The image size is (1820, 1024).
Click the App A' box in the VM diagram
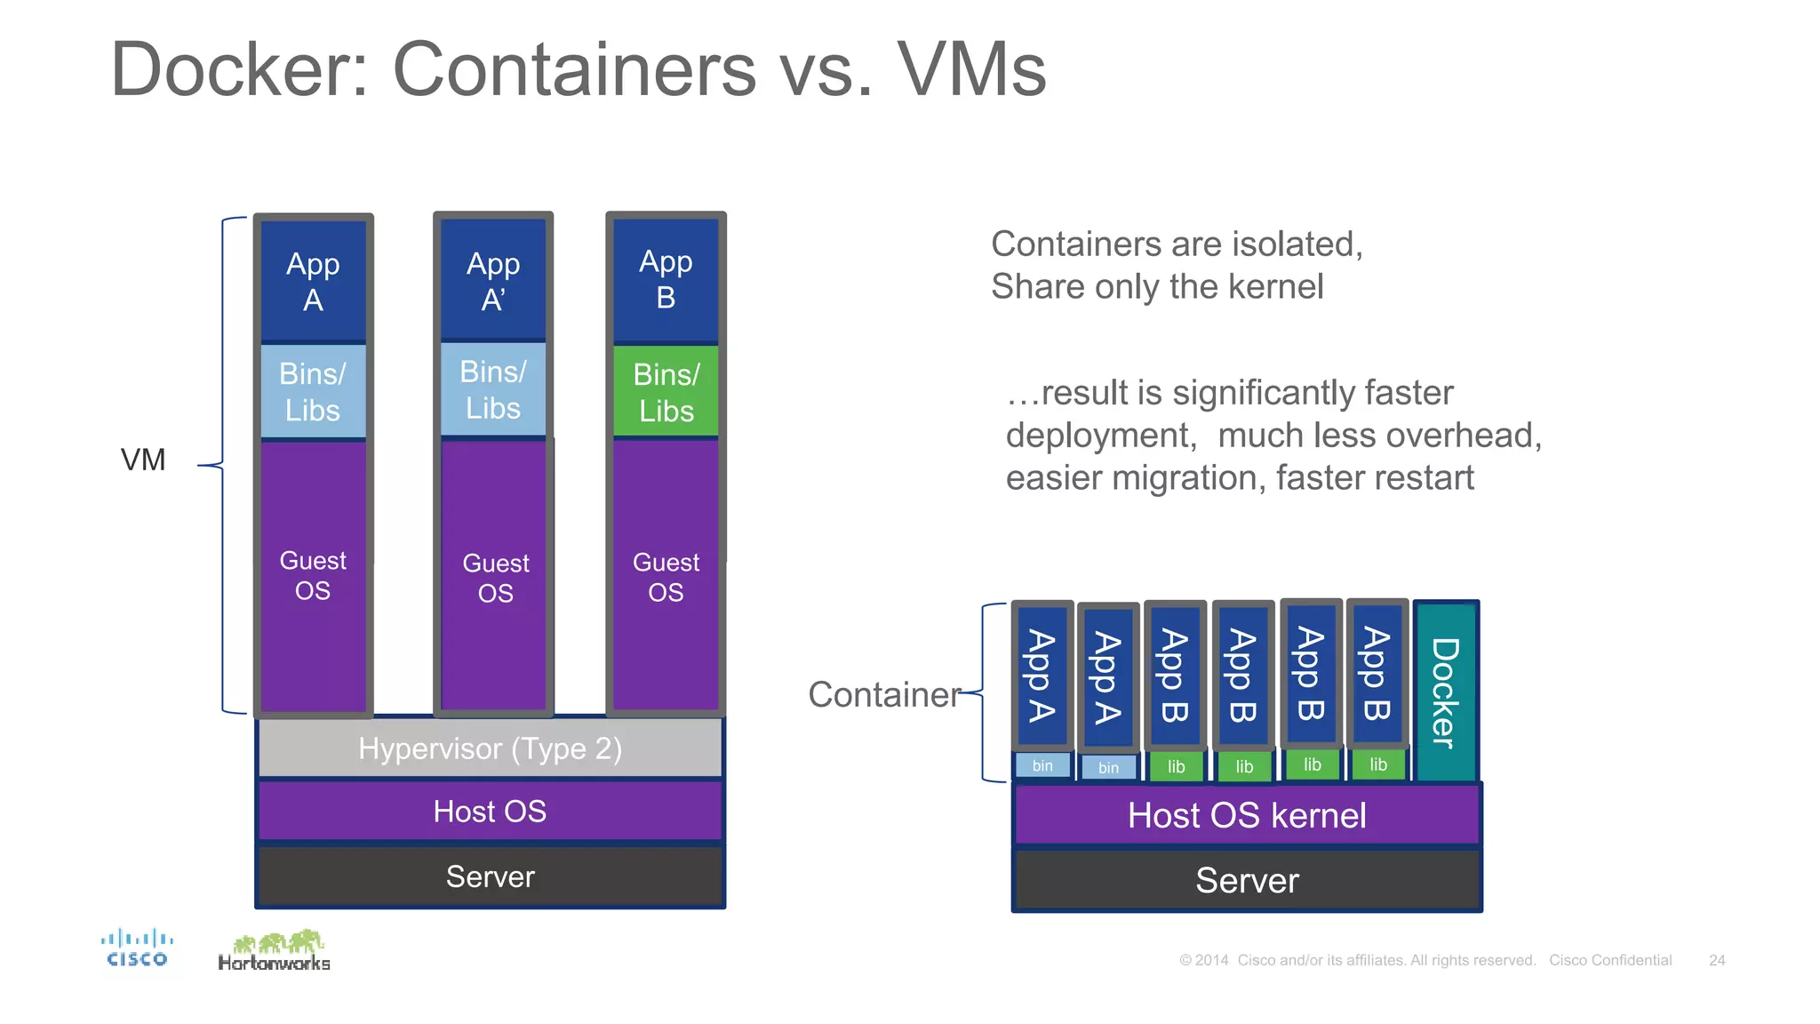click(x=493, y=281)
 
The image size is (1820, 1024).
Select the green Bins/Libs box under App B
click(x=667, y=392)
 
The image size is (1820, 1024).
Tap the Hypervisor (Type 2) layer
click(x=490, y=748)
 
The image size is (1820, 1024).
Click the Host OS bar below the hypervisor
click(x=490, y=811)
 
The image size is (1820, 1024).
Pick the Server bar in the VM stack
click(x=490, y=876)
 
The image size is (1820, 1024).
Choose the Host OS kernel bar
click(x=1247, y=815)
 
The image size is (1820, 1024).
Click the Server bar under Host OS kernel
click(x=1247, y=880)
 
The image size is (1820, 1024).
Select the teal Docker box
click(x=1446, y=692)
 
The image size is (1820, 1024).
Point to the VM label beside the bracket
click(x=143, y=460)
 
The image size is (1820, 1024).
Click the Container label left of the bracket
click(x=884, y=694)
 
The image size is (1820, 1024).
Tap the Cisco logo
click(x=137, y=948)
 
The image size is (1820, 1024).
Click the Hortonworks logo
click(x=274, y=951)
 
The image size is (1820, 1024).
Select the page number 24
click(x=1717, y=960)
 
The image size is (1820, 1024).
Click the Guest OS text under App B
click(x=666, y=577)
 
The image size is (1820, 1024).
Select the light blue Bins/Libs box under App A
click(x=313, y=392)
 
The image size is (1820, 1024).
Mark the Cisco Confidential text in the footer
click(x=1610, y=960)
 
